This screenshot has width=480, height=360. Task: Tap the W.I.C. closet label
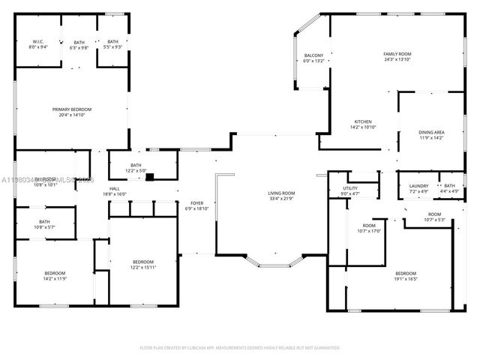point(38,41)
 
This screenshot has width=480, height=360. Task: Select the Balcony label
point(313,56)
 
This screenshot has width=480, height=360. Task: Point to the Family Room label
point(397,54)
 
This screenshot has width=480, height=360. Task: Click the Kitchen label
point(363,122)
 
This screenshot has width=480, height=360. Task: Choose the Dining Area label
point(431,133)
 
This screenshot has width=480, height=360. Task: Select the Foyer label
point(196,203)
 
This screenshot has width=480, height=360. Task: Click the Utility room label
point(350,188)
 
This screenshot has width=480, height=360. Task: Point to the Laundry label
point(418,186)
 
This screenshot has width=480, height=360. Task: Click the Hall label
point(115,188)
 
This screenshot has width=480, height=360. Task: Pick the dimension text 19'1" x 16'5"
point(406,277)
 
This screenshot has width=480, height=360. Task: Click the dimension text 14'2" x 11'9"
point(54,277)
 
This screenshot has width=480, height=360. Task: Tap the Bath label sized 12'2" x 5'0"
point(136,165)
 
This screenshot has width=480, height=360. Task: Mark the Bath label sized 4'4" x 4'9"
point(449,186)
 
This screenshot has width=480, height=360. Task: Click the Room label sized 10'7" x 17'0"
point(369,226)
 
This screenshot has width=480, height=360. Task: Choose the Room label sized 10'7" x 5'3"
point(434,214)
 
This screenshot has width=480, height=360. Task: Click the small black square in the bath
point(150,178)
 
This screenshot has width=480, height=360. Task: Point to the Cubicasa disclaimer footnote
point(240,347)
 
